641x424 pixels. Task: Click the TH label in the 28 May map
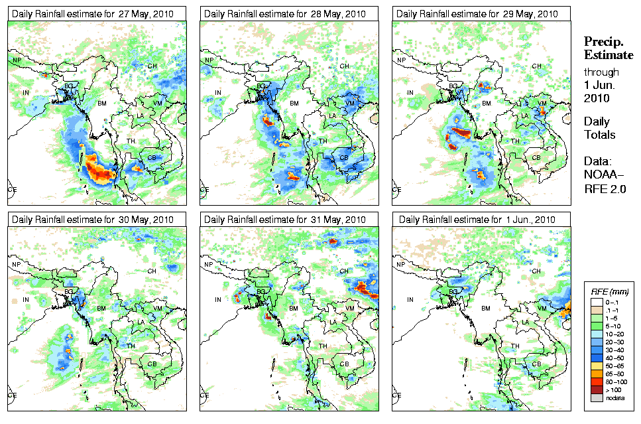pyautogui.click(x=323, y=141)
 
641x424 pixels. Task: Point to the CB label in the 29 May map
pyautogui.click(x=536, y=158)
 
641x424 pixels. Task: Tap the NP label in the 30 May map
pyautogui.click(x=16, y=265)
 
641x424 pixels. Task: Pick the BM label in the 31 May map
pyautogui.click(x=294, y=308)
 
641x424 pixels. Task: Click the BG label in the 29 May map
pyautogui.click(x=453, y=86)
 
